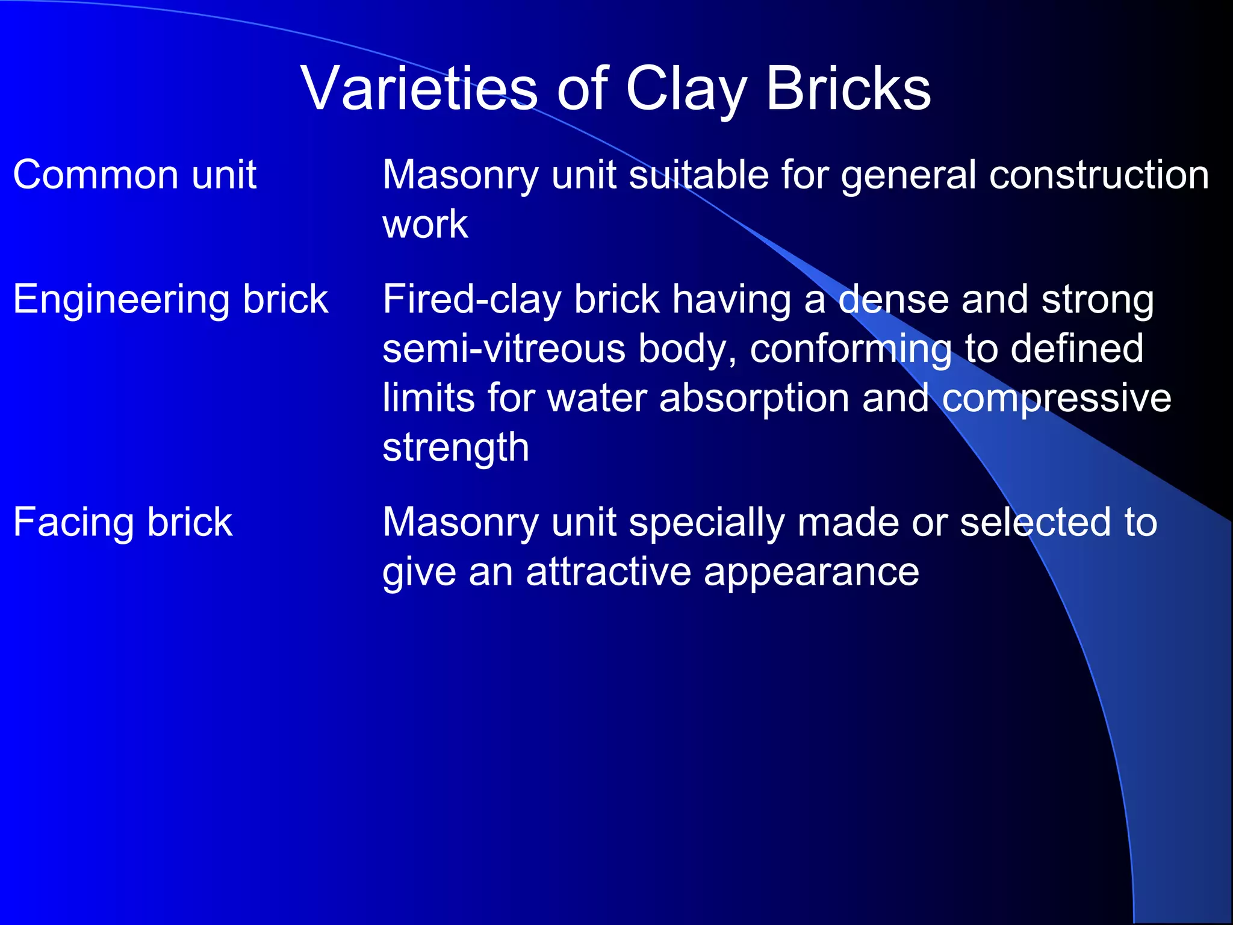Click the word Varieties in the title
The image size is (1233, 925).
point(419,89)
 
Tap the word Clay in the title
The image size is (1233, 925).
point(686,89)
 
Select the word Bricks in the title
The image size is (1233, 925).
point(848,89)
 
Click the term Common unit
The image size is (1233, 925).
point(135,175)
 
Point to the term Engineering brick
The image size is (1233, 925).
point(170,299)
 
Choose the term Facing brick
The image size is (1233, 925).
point(123,522)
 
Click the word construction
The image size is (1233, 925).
point(1099,175)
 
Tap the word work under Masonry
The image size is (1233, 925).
point(425,225)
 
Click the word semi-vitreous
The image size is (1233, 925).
point(504,349)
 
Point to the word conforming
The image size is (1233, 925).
point(851,350)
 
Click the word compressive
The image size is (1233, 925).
point(1056,399)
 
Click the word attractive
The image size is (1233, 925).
point(608,572)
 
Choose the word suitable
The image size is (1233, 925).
point(698,175)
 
